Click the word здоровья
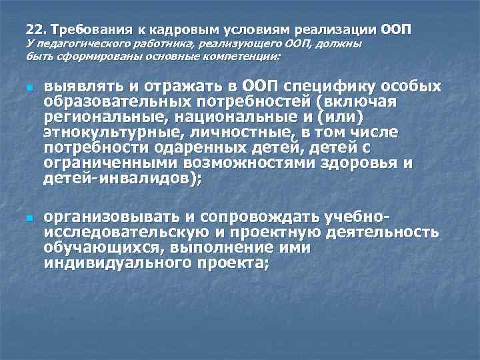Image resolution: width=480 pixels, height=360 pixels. (363, 162)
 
